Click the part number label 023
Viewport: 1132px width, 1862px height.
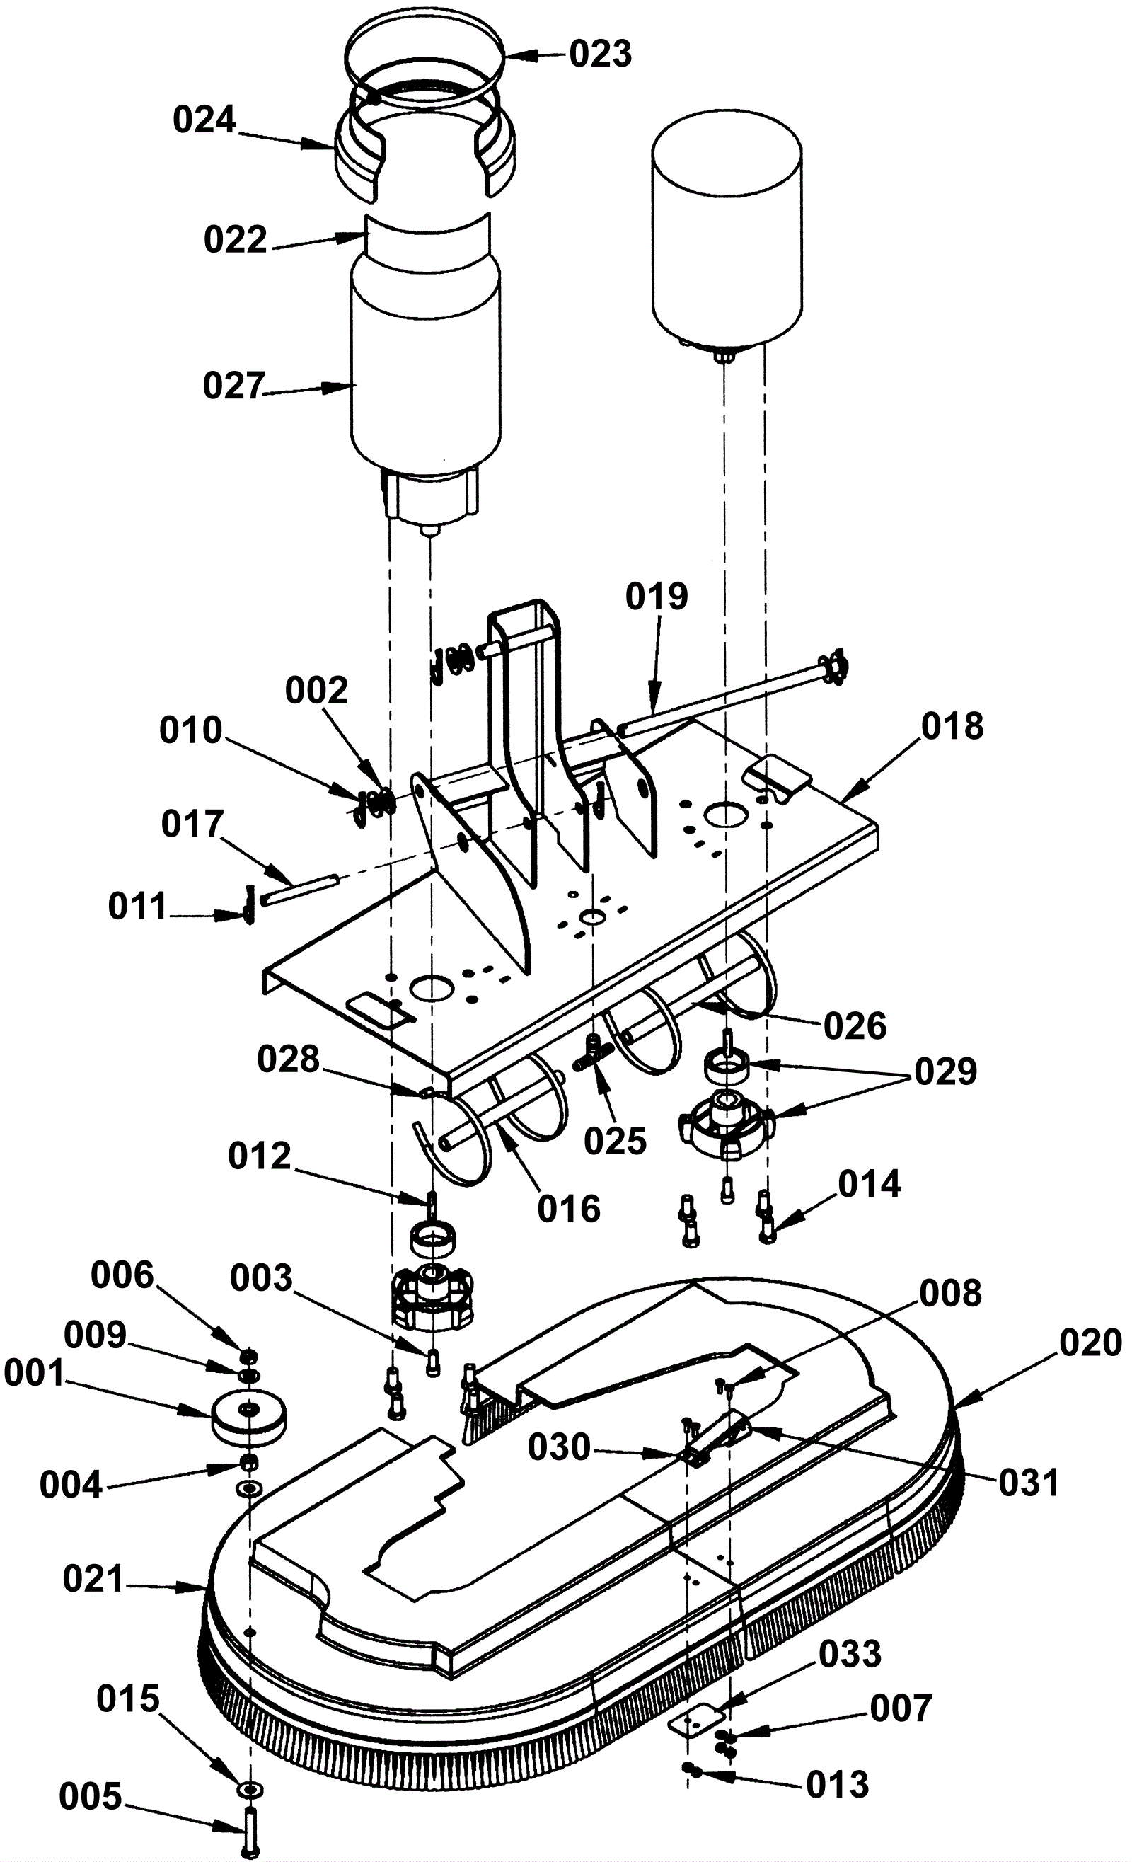pyautogui.click(x=600, y=54)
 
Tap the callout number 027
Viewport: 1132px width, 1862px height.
pyautogui.click(x=233, y=386)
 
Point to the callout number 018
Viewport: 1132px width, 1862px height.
pyautogui.click(x=952, y=726)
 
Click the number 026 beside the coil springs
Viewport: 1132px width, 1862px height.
pyautogui.click(x=855, y=1026)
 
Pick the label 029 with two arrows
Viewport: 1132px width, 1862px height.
pyautogui.click(x=945, y=1071)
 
